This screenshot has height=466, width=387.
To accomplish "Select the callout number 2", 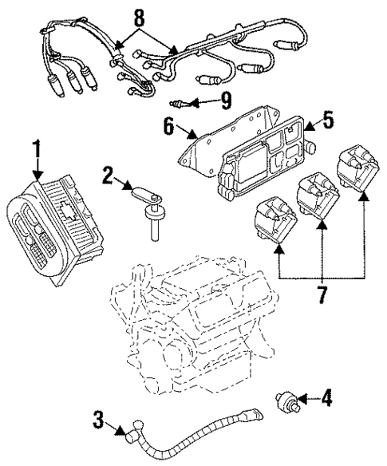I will pyautogui.click(x=108, y=176).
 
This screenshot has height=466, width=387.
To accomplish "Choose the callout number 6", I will pyautogui.click(x=169, y=125).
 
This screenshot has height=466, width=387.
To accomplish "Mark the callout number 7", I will pyautogui.click(x=323, y=294).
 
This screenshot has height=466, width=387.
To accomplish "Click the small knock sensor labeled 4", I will pyautogui.click(x=288, y=398).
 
